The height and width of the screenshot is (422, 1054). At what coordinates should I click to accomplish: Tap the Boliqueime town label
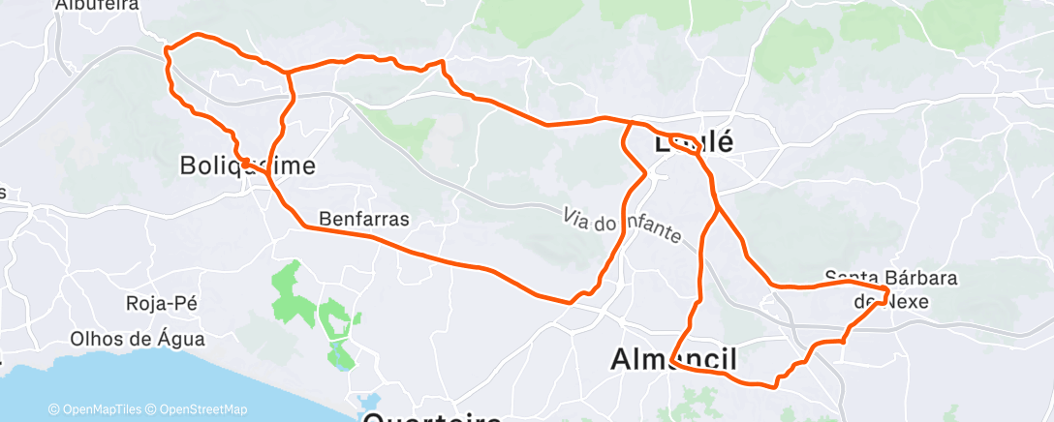(248, 166)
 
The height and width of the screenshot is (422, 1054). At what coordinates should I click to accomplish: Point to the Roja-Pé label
(162, 303)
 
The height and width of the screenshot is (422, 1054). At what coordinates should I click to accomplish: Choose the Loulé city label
(694, 142)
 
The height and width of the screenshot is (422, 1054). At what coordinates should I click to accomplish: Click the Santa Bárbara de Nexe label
(891, 288)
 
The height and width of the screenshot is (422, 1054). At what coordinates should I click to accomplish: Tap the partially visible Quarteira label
(432, 416)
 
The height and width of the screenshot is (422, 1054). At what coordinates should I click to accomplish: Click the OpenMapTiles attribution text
(98, 409)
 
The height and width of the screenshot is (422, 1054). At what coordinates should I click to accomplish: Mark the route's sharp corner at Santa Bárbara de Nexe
(887, 290)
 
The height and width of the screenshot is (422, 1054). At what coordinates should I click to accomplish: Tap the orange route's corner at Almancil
(671, 363)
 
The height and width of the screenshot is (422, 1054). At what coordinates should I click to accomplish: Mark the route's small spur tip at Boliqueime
(243, 161)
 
